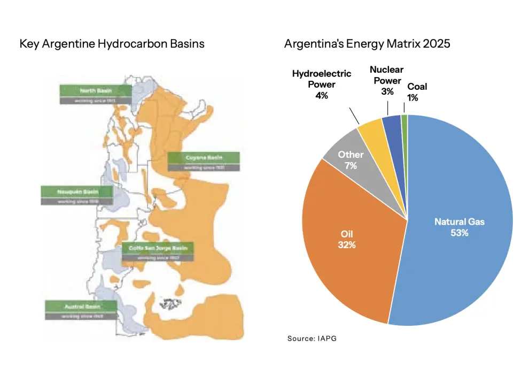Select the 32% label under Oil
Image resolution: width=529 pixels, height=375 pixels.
click(x=347, y=245)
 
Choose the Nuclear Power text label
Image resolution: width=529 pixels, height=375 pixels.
click(x=386, y=75)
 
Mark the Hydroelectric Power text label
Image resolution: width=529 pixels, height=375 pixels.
click(x=321, y=79)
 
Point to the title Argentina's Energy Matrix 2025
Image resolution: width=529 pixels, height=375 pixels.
click(x=367, y=43)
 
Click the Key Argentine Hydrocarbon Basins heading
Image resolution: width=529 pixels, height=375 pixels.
click(x=112, y=43)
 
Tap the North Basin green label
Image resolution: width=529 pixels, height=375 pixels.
click(x=95, y=90)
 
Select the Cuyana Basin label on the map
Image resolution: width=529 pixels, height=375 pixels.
click(x=204, y=157)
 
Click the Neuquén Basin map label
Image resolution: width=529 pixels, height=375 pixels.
click(x=77, y=192)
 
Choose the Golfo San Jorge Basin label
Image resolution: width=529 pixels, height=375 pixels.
click(x=158, y=248)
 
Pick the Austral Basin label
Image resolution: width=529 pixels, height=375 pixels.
click(x=81, y=306)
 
